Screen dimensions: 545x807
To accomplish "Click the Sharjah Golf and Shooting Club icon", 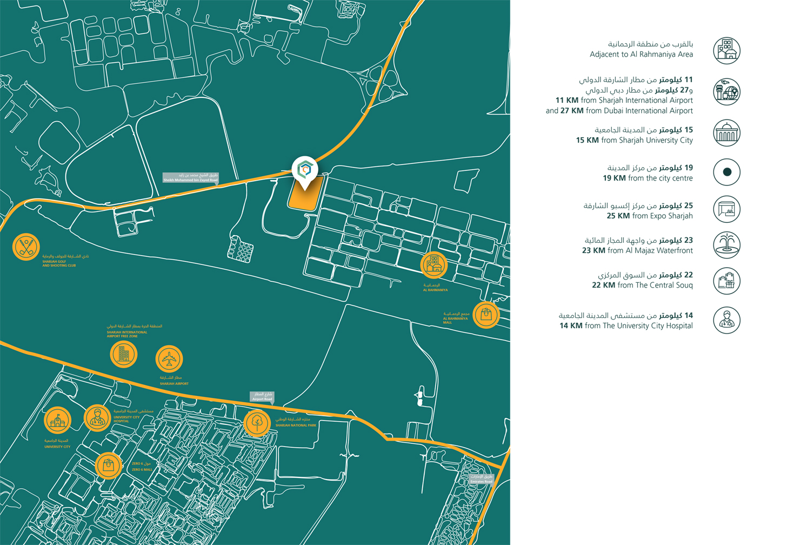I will pos(26,247).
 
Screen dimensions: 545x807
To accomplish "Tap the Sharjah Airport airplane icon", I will pos(169,359).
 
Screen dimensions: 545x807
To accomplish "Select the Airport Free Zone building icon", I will pos(123,355).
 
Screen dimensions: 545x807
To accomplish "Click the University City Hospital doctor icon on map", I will pos(97,418).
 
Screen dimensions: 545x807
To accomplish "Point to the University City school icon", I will pos(57,420).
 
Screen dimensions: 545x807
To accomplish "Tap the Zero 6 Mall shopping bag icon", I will pos(108,466).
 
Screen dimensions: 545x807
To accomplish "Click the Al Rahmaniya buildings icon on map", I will pos(433,265).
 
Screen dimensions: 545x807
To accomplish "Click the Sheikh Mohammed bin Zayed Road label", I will pos(191,177).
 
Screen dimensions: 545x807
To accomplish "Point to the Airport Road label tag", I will pos(262,396).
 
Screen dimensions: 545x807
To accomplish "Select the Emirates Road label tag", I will pos(481,479).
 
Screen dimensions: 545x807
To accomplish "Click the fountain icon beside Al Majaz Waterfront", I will pos(726,245).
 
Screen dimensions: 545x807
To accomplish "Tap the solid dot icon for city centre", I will pos(726,172).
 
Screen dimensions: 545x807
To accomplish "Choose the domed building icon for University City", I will pos(726,134).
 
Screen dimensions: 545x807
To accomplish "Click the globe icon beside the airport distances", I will pos(726,92).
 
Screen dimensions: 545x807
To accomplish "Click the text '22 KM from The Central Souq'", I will pos(642,285).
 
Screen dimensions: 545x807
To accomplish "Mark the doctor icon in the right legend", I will pos(726,320).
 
